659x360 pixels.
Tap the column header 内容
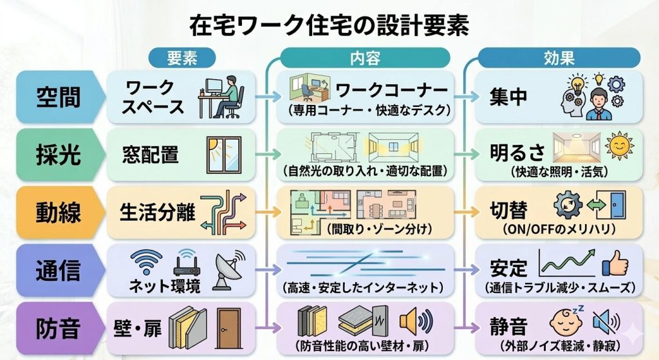(365, 58)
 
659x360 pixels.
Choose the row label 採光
(58, 155)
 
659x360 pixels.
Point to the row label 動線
(58, 212)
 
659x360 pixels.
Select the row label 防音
(58, 327)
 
